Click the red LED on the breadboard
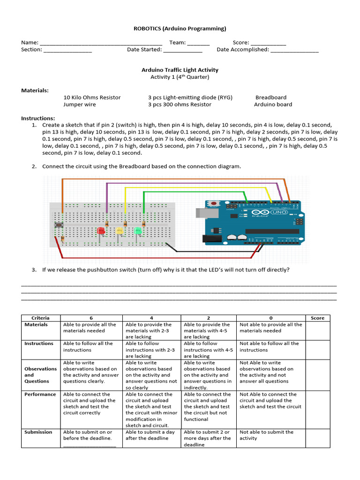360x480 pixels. [x=100, y=231]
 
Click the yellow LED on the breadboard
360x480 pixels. [x=119, y=231]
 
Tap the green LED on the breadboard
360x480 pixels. [x=138, y=231]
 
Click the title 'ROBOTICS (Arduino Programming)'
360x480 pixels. [x=180, y=29]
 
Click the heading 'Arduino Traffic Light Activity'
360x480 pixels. [x=180, y=70]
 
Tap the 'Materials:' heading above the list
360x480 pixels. [x=35, y=90]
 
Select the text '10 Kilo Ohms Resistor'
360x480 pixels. [x=92, y=97]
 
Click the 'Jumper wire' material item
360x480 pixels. [x=79, y=105]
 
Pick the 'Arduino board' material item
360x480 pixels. [x=273, y=105]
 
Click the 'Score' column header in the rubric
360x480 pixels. [x=317, y=318]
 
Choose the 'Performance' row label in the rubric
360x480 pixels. [x=40, y=394]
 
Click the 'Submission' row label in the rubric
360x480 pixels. [x=38, y=432]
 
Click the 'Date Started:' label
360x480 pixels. [x=144, y=50]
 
